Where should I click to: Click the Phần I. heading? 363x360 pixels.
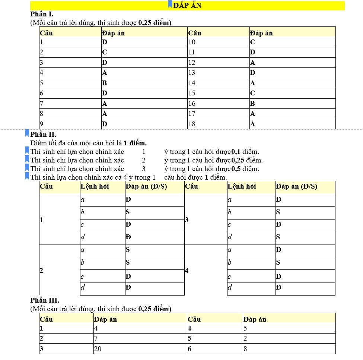42,14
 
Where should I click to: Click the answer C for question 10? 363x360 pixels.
252,42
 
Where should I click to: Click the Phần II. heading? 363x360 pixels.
43,135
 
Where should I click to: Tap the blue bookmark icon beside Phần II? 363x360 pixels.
26,133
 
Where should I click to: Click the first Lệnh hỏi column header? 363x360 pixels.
95,186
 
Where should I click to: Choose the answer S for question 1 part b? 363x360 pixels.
128,212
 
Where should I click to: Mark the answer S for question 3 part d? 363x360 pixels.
278,237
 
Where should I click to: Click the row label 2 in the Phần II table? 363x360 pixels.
41,271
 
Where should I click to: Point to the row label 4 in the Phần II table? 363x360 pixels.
187,271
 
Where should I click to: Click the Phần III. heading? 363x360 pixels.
44,300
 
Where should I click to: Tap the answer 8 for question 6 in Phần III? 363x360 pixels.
245,349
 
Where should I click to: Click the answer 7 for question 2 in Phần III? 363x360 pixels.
96,339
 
